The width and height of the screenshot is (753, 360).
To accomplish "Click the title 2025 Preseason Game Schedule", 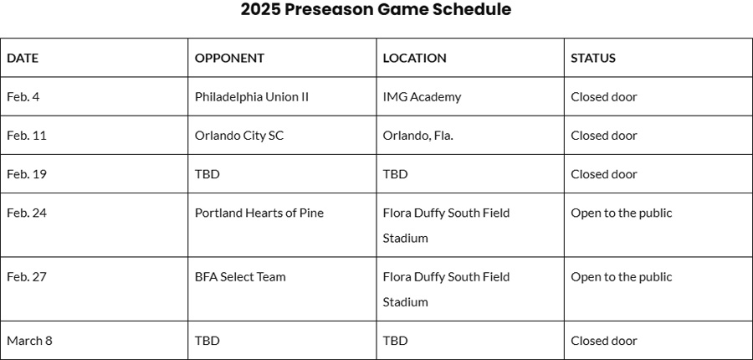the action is [x=376, y=9].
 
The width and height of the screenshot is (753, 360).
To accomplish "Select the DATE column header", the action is [x=23, y=58].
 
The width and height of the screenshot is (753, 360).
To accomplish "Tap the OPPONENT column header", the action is [x=229, y=58].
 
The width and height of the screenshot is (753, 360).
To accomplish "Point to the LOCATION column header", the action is [x=414, y=58].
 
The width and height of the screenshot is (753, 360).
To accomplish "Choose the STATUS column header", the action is [x=593, y=58].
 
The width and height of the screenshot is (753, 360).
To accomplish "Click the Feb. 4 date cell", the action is [x=23, y=96].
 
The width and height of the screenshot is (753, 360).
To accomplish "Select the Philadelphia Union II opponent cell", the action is [x=252, y=97].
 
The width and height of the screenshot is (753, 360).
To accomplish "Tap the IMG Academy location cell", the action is [x=422, y=97].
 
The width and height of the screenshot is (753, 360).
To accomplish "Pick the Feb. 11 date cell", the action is [x=27, y=136].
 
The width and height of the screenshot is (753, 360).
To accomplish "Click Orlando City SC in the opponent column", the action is [x=239, y=136].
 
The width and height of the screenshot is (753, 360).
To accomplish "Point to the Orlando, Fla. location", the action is [x=417, y=136].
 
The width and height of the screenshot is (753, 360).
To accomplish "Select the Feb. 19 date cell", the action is [x=27, y=174].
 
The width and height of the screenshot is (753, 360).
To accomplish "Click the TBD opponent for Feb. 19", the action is [x=207, y=174].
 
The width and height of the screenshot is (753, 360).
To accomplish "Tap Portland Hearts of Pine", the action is [x=259, y=213].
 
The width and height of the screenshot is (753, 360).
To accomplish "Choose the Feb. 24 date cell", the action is [x=27, y=213].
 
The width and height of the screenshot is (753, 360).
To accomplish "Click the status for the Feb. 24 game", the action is [x=622, y=213].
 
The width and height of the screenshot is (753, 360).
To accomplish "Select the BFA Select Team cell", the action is [x=240, y=277].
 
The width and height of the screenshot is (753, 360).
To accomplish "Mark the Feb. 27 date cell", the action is [x=27, y=277].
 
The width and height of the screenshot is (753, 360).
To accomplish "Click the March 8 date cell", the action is [x=30, y=341].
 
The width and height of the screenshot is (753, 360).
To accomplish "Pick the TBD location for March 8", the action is [x=395, y=341].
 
